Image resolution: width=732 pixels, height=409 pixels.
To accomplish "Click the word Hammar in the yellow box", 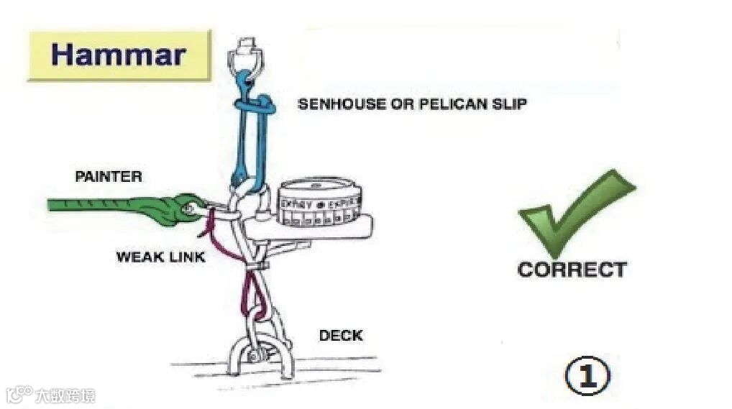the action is (x=119, y=55).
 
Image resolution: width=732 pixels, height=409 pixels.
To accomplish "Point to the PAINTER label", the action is (x=109, y=176).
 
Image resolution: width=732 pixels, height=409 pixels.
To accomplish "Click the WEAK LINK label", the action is (x=160, y=257).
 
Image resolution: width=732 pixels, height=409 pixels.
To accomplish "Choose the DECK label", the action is (x=341, y=336).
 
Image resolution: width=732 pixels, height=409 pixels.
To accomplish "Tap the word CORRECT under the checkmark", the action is (x=572, y=270).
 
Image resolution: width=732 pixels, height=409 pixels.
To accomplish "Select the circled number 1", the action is (x=587, y=377).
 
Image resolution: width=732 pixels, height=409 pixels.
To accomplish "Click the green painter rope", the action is (x=101, y=205).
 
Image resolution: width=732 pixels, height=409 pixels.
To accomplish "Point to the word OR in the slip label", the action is (x=399, y=104).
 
